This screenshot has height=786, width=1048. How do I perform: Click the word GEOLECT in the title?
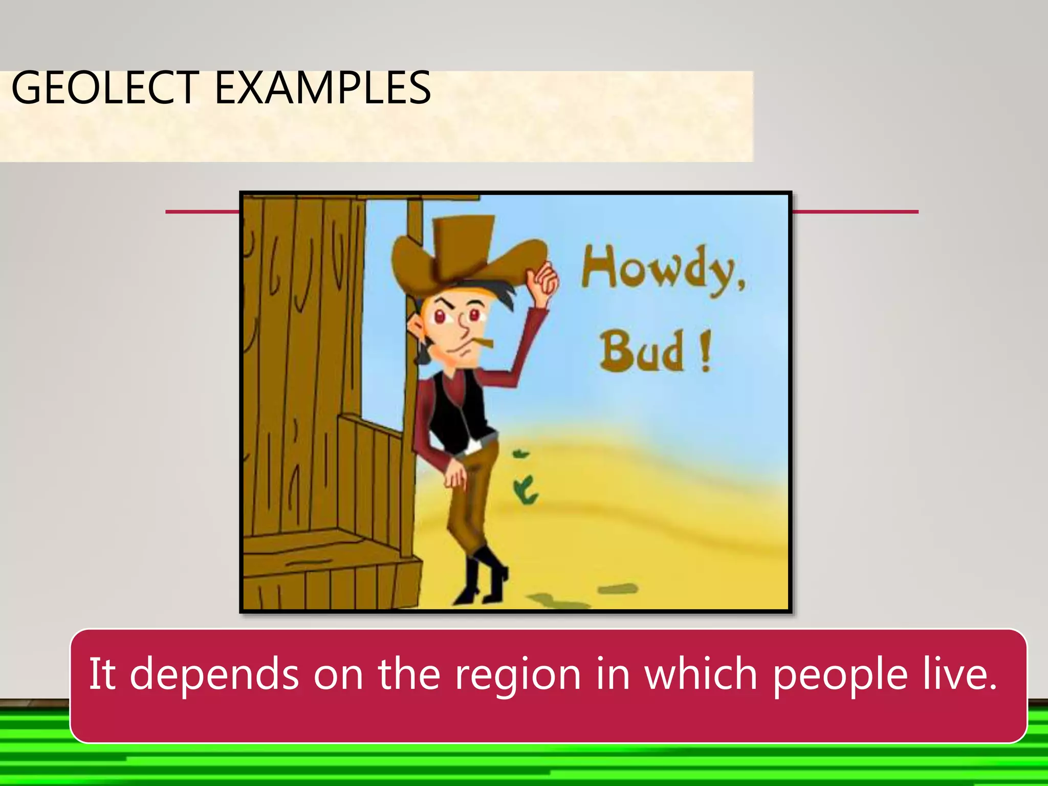(105, 88)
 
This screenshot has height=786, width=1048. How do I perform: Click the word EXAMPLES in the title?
(322, 88)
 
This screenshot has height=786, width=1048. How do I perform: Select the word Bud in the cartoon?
(642, 352)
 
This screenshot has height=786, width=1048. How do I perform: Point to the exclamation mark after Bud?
(706, 352)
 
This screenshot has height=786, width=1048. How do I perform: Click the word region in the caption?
(518, 674)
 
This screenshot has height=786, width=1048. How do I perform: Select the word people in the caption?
(839, 674)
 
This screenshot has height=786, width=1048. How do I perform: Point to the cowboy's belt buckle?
(473, 447)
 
